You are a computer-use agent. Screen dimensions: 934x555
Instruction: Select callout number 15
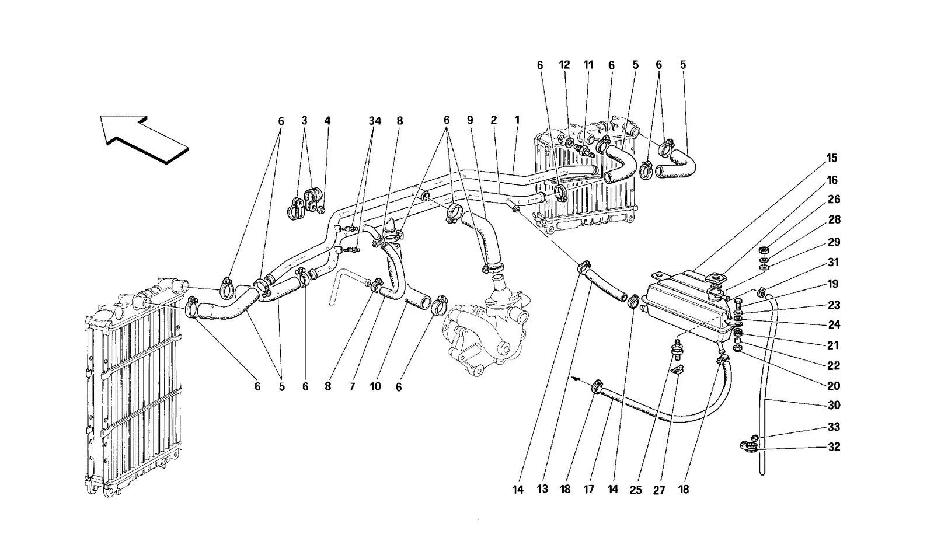tap(831, 158)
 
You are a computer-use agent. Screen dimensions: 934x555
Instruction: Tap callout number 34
tap(375, 121)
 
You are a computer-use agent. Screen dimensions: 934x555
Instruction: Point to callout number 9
tap(470, 120)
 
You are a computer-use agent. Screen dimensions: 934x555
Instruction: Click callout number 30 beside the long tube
tap(834, 405)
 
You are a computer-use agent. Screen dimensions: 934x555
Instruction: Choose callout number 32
tap(834, 446)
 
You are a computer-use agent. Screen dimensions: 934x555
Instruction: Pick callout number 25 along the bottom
tap(636, 490)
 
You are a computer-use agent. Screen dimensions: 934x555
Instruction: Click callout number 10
tap(375, 386)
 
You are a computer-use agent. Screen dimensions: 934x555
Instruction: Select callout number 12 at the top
tap(564, 65)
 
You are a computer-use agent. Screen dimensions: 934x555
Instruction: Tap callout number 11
tap(588, 65)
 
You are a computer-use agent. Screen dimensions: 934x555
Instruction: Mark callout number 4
tap(327, 121)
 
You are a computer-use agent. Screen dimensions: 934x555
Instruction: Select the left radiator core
tap(134, 386)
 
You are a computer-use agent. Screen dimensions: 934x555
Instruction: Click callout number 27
tap(659, 490)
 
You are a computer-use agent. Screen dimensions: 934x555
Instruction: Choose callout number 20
tap(834, 386)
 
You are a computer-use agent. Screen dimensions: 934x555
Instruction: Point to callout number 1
tap(517, 120)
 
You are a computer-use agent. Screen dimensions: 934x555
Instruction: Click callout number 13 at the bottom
tap(542, 488)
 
